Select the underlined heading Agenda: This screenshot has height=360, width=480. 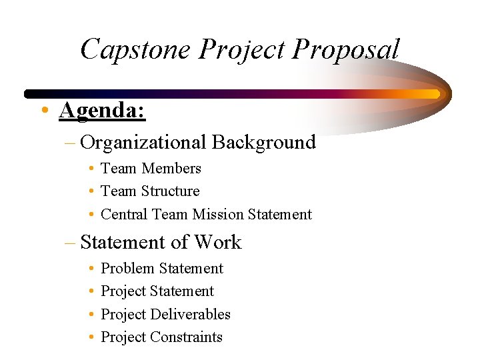tap(102, 109)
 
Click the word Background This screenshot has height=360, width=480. tap(264, 142)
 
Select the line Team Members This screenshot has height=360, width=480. tap(151, 168)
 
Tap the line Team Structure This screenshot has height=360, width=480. tap(150, 191)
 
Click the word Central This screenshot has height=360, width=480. tap(125, 214)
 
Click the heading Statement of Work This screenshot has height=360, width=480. tap(161, 242)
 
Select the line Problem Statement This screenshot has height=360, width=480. tap(162, 268)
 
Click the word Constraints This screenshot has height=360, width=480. tap(186, 337)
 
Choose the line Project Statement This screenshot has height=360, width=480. tap(157, 291)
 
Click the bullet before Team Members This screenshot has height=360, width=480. tap(90, 169)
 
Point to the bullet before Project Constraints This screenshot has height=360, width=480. tap(90, 337)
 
